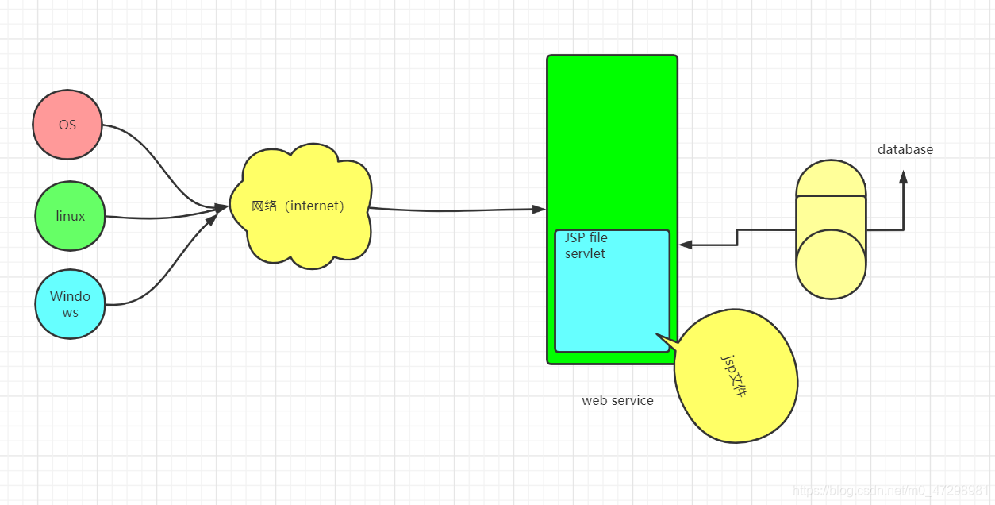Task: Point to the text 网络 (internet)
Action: (x=298, y=206)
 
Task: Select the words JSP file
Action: (x=586, y=237)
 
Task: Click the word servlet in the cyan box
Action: (x=585, y=253)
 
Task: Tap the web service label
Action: (x=617, y=400)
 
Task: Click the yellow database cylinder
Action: (x=831, y=230)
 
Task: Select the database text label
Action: (x=905, y=149)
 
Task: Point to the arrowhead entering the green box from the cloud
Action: (x=539, y=209)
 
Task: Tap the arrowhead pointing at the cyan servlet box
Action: (x=686, y=245)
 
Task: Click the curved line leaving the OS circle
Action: (x=159, y=159)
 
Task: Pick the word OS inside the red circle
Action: (x=67, y=125)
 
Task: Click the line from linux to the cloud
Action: (x=159, y=216)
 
